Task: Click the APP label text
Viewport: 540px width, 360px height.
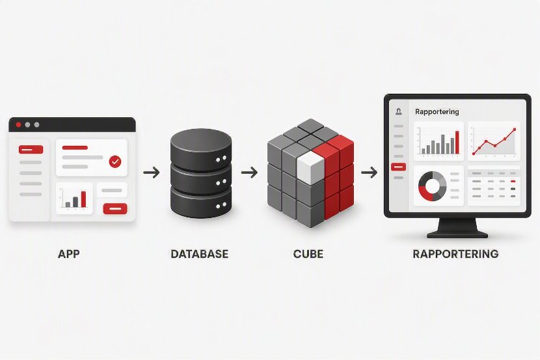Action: point(69,254)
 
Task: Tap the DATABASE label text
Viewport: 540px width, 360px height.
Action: point(199,254)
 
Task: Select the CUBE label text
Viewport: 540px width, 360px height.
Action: point(308,254)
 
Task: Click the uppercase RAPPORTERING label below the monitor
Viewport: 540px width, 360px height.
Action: point(455,254)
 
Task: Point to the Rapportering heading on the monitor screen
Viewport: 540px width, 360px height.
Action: point(437,111)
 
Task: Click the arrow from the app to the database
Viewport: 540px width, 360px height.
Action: point(152,173)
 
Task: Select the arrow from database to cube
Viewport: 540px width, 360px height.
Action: point(249,173)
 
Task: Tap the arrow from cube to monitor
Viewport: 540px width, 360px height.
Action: point(369,173)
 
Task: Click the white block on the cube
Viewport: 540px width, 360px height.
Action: point(310,168)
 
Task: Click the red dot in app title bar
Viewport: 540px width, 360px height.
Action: point(19,125)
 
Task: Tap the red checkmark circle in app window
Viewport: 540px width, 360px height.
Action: point(115,161)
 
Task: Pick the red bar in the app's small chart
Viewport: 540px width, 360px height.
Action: point(83,199)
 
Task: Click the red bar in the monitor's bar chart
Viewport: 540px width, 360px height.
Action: point(457,143)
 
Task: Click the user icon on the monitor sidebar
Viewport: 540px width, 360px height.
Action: point(399,111)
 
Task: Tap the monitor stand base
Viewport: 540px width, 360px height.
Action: point(457,235)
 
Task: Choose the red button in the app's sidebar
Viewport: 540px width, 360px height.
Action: point(31,150)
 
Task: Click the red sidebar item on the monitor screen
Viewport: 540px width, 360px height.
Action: point(398,167)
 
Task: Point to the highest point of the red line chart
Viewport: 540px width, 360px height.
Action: point(515,130)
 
